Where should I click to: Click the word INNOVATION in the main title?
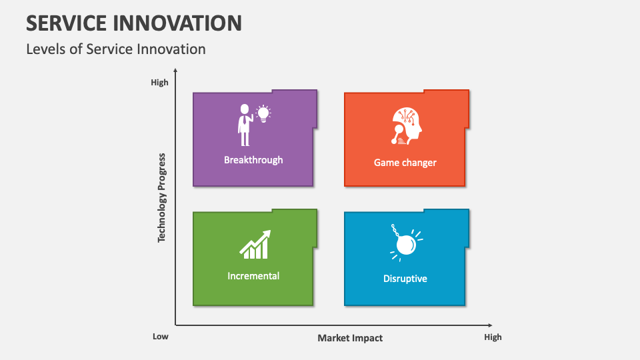pos(180,23)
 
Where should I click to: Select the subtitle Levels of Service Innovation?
pos(116,49)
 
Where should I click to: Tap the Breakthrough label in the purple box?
pos(253,160)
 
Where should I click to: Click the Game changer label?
pos(405,163)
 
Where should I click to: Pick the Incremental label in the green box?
pos(253,276)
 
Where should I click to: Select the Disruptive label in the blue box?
pos(405,279)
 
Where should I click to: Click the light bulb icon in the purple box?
pos(263,113)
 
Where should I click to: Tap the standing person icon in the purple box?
pos(245,125)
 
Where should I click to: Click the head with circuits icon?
pos(407,125)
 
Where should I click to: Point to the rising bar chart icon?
pos(255,245)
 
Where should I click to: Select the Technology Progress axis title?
pos(162,197)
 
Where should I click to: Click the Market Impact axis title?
pos(350,338)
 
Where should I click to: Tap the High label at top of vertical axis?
pos(159,83)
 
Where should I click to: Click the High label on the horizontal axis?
pos(493,337)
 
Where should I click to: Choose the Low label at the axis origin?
pos(161,337)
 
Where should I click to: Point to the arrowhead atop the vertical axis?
pos(175,70)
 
